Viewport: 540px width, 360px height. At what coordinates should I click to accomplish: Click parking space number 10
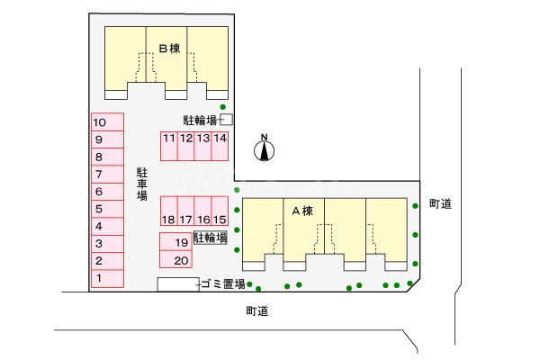[x=106, y=121]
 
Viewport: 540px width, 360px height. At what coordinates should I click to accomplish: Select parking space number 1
[x=106, y=279]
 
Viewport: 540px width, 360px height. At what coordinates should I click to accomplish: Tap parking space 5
[x=106, y=209]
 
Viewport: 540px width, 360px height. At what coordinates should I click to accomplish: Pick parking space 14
[x=220, y=146]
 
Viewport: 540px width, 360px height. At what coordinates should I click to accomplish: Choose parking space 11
[x=169, y=146]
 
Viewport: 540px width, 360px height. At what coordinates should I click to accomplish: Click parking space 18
[x=168, y=211]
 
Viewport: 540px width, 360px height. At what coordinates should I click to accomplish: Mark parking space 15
[x=220, y=211]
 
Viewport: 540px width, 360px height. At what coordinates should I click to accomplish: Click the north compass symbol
[x=265, y=148]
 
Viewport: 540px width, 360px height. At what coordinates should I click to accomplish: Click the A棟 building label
[x=302, y=211]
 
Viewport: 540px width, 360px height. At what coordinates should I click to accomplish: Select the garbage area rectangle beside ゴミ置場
[x=176, y=284]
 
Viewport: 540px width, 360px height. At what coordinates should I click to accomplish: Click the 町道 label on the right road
[x=440, y=204]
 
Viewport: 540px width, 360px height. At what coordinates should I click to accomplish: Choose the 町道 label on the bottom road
[x=257, y=311]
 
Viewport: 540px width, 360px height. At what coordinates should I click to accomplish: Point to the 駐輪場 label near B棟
[x=199, y=119]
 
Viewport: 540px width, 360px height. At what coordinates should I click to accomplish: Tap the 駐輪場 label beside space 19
[x=210, y=238]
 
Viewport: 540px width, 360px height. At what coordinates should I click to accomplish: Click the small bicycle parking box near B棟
[x=227, y=119]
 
